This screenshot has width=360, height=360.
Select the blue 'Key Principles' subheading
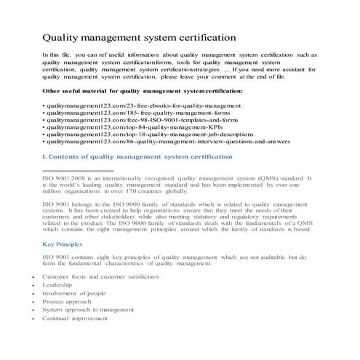tap(63, 245)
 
